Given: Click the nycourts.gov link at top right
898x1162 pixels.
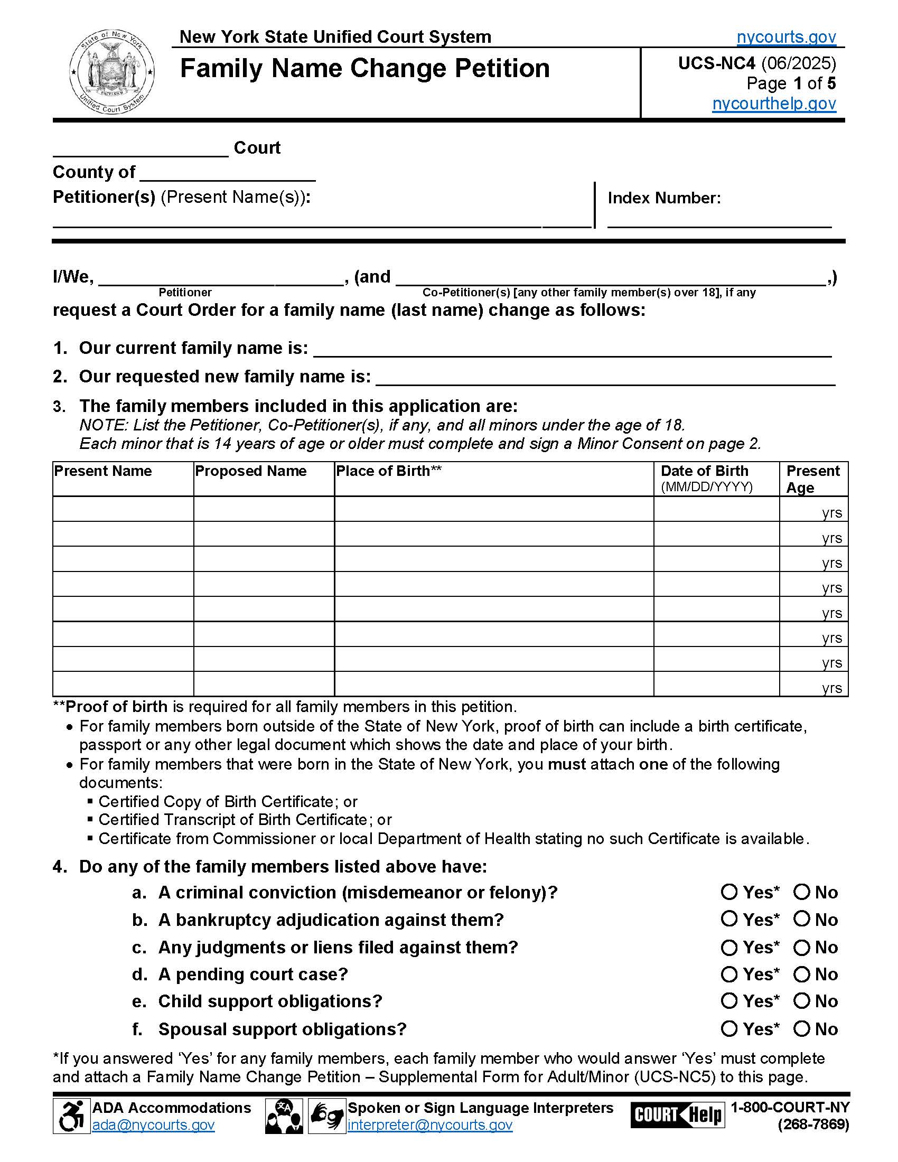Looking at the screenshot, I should (x=786, y=38).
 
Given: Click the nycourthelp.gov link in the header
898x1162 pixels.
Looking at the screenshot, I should (x=773, y=103).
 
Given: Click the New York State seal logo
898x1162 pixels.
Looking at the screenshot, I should (x=111, y=72).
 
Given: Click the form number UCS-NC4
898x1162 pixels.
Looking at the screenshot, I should (x=716, y=63).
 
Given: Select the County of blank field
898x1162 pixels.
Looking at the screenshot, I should (x=228, y=173).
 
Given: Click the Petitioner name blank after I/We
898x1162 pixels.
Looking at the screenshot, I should (x=221, y=278).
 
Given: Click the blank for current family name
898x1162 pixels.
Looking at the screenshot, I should (x=572, y=349).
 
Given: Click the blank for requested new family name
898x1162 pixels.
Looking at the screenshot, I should (x=605, y=378).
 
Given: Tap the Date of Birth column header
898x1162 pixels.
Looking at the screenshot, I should (x=704, y=471).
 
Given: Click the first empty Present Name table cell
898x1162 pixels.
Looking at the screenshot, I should (x=123, y=509).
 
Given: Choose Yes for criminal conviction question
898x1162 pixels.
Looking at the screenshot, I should (x=729, y=892).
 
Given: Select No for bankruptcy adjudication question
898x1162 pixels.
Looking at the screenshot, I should (x=801, y=919).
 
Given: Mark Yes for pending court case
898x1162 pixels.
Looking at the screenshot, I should (x=729, y=974).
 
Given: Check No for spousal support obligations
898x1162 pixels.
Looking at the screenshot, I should (x=801, y=1029).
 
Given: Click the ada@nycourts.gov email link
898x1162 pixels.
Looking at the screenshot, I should (x=153, y=1125).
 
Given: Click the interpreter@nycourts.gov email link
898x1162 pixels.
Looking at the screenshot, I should (x=430, y=1125).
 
